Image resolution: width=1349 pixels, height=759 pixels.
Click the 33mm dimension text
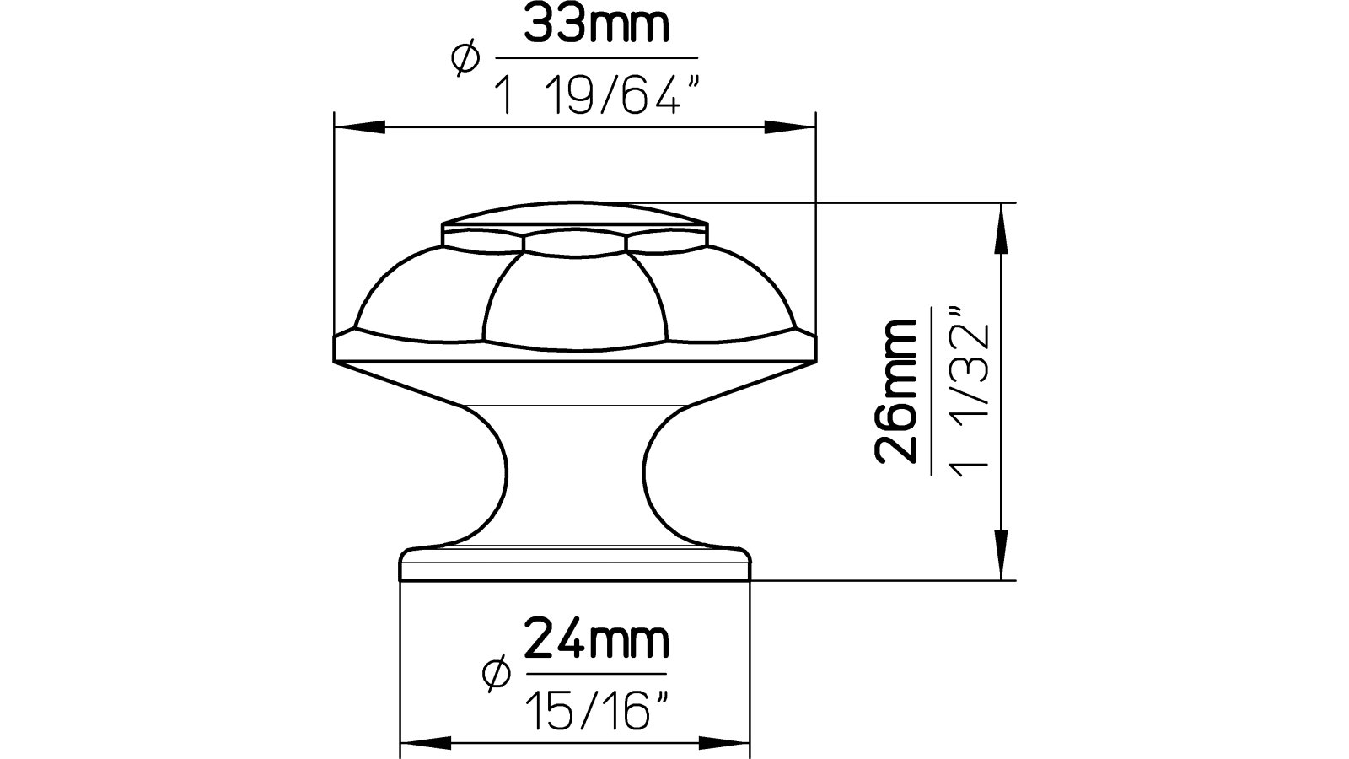click(597, 26)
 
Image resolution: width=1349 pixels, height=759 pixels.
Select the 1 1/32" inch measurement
click(965, 395)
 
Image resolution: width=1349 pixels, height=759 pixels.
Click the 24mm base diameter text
click(597, 642)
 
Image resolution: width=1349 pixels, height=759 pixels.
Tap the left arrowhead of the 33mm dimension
click(354, 127)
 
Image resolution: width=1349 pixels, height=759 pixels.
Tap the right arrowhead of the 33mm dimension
click(797, 127)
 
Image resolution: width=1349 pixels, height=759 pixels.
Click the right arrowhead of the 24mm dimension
click(730, 744)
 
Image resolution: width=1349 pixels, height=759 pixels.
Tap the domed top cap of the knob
click(575, 214)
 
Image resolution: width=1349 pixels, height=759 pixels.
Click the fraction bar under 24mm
click(595, 673)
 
